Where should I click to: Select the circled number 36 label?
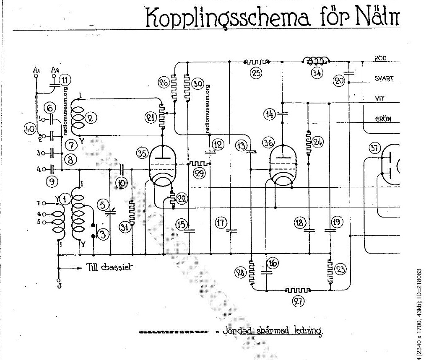click(x=268, y=143)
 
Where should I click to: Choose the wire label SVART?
click(x=384, y=78)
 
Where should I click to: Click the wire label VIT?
click(x=380, y=99)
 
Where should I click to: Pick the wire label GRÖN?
click(x=383, y=119)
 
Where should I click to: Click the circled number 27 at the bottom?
click(x=298, y=300)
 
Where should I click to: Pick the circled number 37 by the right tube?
click(x=374, y=148)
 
